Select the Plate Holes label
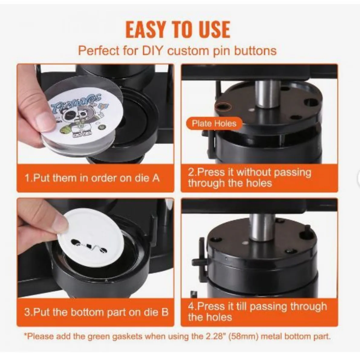point(214,123)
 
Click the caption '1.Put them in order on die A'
point(92,178)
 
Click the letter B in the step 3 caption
point(165,312)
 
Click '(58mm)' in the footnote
point(240,336)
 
